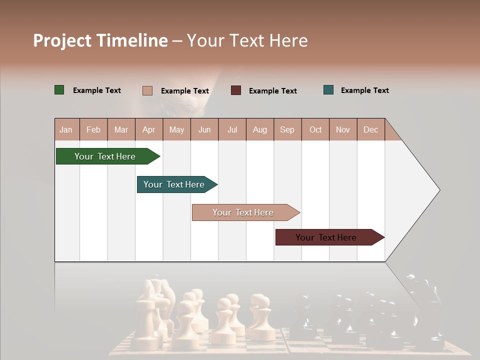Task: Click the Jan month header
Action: click(x=66, y=129)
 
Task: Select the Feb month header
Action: click(x=93, y=129)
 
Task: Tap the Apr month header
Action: click(x=148, y=129)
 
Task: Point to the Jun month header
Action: click(x=204, y=129)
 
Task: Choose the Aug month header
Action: click(x=259, y=129)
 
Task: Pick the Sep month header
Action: click(x=287, y=129)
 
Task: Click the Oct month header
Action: click(x=315, y=129)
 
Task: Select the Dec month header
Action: click(x=370, y=129)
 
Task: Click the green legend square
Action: click(x=59, y=90)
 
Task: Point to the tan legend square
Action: click(x=147, y=90)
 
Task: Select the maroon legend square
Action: click(x=236, y=90)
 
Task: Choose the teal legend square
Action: click(x=328, y=90)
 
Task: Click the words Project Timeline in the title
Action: click(x=100, y=40)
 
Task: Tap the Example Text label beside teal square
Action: click(x=364, y=90)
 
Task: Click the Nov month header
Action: click(x=343, y=129)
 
